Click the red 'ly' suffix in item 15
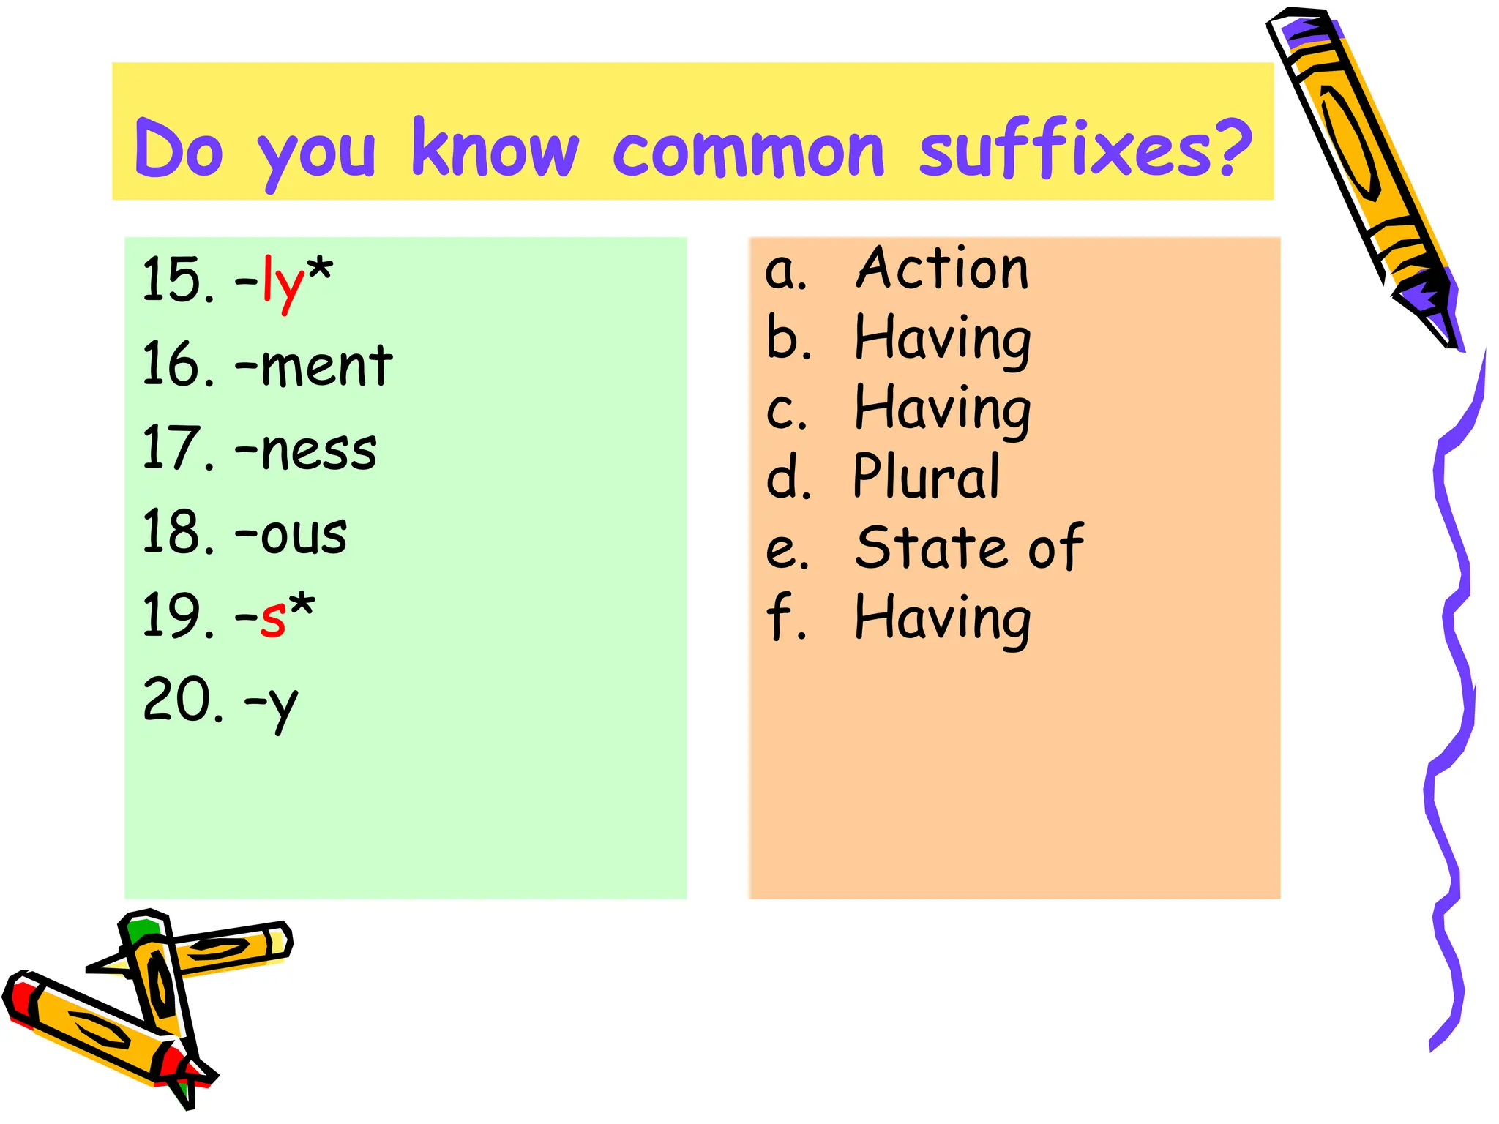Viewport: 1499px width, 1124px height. [283, 282]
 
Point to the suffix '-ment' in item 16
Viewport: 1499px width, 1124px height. [314, 365]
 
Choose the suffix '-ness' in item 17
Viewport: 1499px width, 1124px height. [306, 449]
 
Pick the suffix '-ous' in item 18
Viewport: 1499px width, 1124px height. [291, 533]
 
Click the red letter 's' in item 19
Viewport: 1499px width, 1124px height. [273, 618]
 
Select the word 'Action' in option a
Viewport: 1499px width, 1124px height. [942, 269]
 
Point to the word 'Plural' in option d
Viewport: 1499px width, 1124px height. [927, 477]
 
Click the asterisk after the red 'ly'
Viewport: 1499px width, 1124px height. [320, 269]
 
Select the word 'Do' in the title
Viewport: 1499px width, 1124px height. [179, 150]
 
